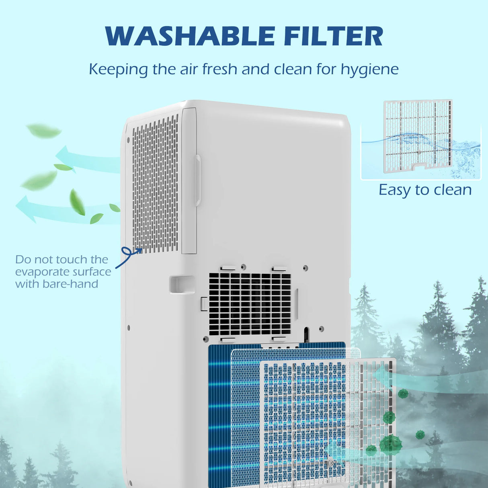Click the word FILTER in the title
point(333,36)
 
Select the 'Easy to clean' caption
point(425,190)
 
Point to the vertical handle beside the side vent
point(198,181)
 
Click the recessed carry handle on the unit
point(182,284)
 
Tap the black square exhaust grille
point(250,304)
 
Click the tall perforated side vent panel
point(155,185)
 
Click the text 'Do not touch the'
point(62,259)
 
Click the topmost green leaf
point(43,131)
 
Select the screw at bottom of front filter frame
point(331,463)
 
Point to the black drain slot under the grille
point(306,333)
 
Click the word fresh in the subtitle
point(220,69)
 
